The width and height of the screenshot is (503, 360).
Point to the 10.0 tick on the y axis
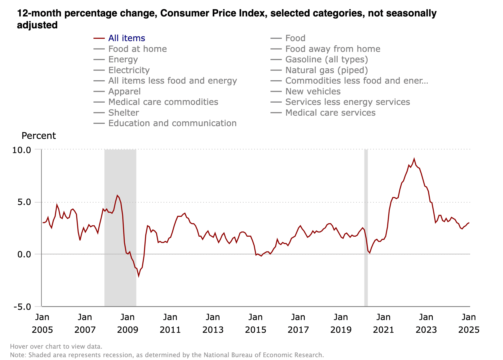(x=22, y=150)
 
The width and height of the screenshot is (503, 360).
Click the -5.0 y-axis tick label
(x=22, y=307)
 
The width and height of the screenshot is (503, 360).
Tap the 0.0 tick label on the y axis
(x=24, y=255)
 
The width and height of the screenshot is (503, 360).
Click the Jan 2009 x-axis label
(x=127, y=323)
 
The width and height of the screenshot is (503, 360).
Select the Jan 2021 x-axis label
(x=383, y=323)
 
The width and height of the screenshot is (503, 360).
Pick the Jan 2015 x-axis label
(x=255, y=323)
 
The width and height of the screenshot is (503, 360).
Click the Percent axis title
(x=39, y=136)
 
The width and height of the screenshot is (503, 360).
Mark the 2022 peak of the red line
(x=414, y=159)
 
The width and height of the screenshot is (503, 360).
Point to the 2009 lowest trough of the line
(x=138, y=276)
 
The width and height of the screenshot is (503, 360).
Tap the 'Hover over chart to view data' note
(x=56, y=346)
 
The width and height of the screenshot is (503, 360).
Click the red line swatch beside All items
(x=99, y=38)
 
